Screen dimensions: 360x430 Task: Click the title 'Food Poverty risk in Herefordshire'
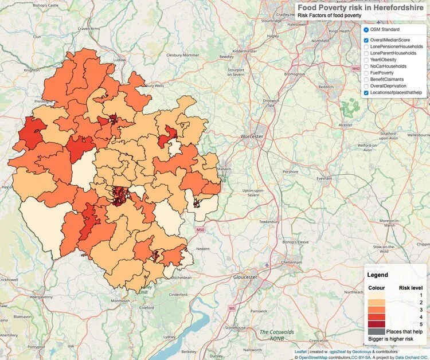click(x=362, y=7)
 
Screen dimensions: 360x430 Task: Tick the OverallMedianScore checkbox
click(x=366, y=40)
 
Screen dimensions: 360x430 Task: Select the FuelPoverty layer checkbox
click(x=366, y=73)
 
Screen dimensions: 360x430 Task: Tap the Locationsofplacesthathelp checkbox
click(x=366, y=92)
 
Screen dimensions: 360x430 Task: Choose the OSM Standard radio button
click(x=366, y=29)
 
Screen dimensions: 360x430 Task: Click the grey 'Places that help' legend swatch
click(x=376, y=331)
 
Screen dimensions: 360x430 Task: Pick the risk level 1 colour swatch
click(x=376, y=294)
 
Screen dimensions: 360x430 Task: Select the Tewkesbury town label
click(x=270, y=221)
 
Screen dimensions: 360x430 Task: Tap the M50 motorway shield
click(x=200, y=230)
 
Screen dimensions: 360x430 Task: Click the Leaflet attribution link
click(x=300, y=351)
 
